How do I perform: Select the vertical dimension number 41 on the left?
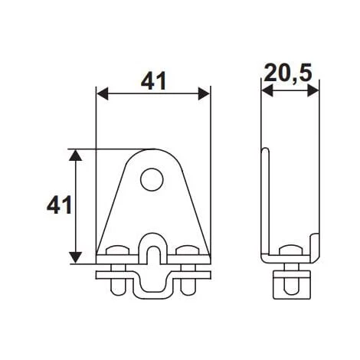(59, 205)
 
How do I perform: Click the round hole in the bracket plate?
(152, 181)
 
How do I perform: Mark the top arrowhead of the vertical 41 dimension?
(75, 155)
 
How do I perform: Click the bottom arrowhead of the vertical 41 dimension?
(75, 258)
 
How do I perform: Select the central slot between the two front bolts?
(152, 253)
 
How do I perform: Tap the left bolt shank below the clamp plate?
(118, 284)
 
